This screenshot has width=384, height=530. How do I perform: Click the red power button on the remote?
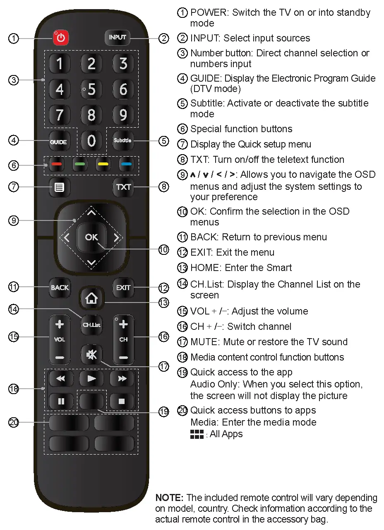pos(61,38)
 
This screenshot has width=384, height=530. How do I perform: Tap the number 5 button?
pos(91,89)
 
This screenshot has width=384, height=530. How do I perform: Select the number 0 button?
pos(91,141)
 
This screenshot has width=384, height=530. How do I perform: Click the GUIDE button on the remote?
pos(59,142)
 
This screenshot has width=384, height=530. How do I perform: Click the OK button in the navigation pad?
pos(91,237)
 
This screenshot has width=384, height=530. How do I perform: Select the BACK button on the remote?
pos(60,288)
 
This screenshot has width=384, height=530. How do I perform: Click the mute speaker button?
pos(91,355)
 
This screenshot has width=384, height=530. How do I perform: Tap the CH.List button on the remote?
pos(91,325)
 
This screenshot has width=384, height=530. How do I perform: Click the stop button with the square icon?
pos(122,402)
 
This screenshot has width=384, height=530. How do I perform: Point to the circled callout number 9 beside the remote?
pos(14,220)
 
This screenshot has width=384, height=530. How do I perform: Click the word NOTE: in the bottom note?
pos(169,498)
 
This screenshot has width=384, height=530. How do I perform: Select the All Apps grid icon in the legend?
pos(197,434)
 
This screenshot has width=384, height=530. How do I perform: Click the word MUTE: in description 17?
pos(205,342)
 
